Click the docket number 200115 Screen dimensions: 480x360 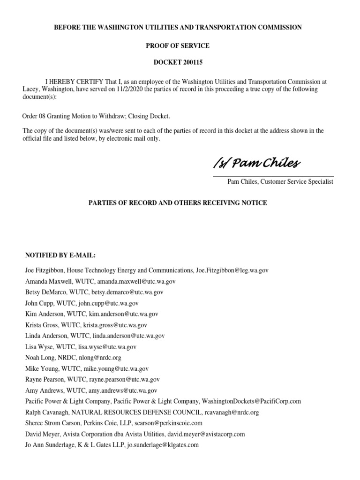click(190, 62)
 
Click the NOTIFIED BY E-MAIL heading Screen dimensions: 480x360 click(60, 255)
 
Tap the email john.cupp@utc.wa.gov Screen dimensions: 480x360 click(109, 303)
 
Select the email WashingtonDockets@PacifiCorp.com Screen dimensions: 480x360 click(252, 401)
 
